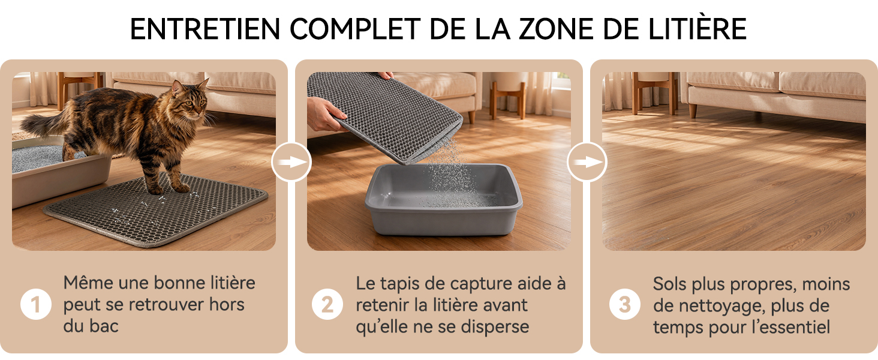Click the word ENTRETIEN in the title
coord(205,29)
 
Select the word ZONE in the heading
coord(557,29)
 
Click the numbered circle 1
coord(36,304)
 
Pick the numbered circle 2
coord(327,304)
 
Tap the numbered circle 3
coord(625,304)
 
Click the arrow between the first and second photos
coord(291,162)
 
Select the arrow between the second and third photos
coord(587,162)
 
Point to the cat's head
coord(190,98)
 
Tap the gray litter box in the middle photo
coord(444,200)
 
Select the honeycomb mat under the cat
coord(156,210)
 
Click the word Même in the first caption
coord(88,283)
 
